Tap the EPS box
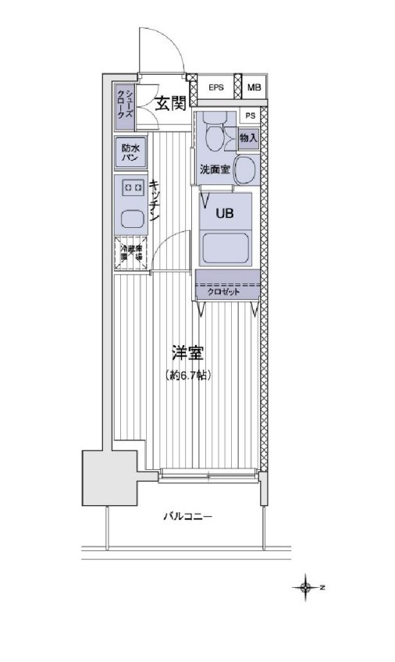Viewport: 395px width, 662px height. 216,87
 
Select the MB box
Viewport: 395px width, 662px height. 254,87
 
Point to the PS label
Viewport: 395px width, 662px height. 249,116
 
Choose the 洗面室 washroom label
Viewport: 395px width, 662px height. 214,169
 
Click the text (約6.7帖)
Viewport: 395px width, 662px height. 188,375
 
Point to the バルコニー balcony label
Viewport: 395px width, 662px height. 187,516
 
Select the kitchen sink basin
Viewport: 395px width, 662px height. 130,218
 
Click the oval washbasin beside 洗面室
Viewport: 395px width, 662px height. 246,169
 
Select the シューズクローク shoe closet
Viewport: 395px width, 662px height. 124,104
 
